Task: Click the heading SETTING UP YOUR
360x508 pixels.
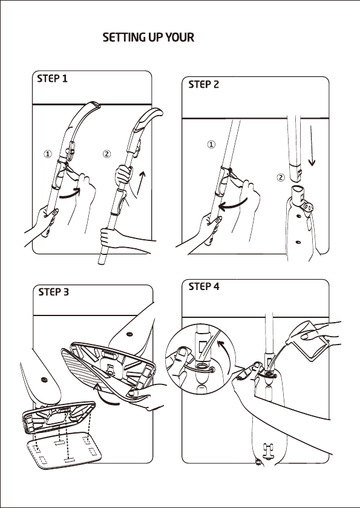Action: (148, 38)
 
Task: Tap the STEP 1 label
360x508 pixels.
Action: (53, 79)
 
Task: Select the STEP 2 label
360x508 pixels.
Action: (204, 85)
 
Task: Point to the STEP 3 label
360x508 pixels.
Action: (54, 292)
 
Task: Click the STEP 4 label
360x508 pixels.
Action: (204, 286)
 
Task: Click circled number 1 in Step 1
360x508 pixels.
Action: (48, 154)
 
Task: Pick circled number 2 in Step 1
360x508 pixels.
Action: (106, 154)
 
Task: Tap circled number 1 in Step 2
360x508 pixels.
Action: (211, 145)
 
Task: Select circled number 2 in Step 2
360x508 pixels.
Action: (281, 177)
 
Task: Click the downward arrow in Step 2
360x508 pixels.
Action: (312, 146)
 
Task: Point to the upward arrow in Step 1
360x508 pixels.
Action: (141, 183)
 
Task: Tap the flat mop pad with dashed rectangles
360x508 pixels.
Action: (64, 450)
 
